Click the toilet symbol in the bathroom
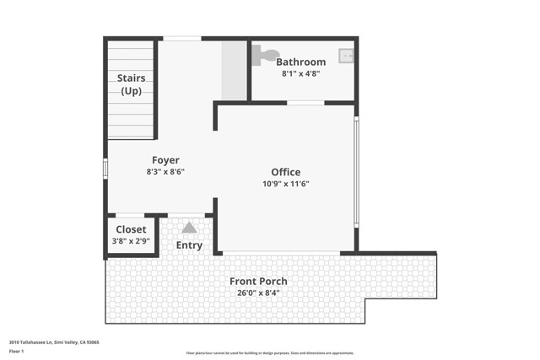266,55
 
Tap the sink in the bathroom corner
346,56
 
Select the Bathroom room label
300,62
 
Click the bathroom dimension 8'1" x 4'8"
300,73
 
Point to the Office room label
285,172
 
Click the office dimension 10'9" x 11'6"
285,184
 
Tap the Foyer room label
165,160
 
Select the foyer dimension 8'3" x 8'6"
165,172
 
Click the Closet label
131,229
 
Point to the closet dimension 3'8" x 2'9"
131,241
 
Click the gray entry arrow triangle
189,227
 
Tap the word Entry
189,245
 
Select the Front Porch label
259,281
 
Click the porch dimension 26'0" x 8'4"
259,293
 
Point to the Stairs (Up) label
131,84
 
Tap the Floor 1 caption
17,351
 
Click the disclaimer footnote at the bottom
270,353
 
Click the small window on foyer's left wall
105,169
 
